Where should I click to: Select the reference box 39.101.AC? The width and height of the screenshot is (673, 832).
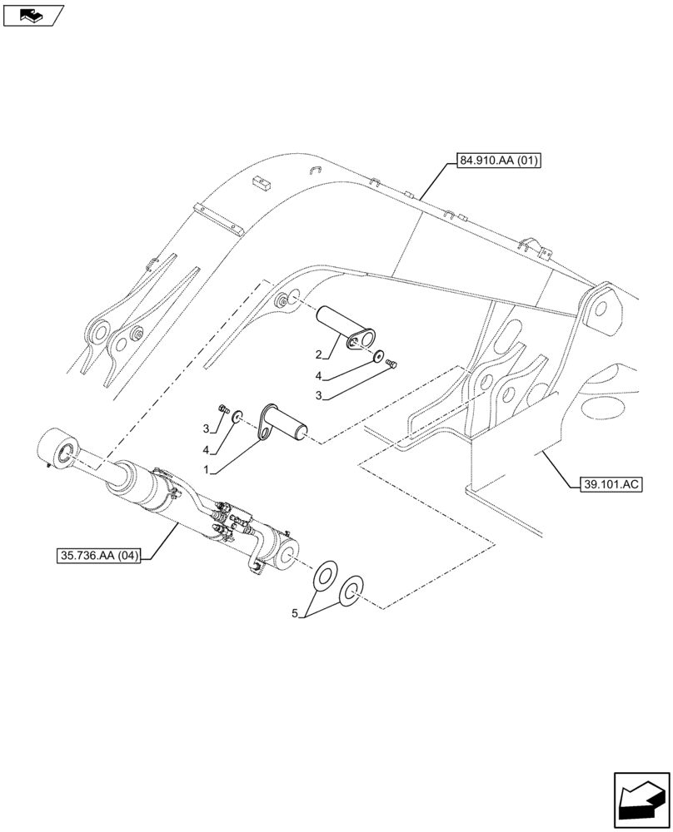[607, 483]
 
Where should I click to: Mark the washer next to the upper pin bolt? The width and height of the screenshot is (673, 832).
[380, 357]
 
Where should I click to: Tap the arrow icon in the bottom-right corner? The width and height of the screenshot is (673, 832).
[641, 799]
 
